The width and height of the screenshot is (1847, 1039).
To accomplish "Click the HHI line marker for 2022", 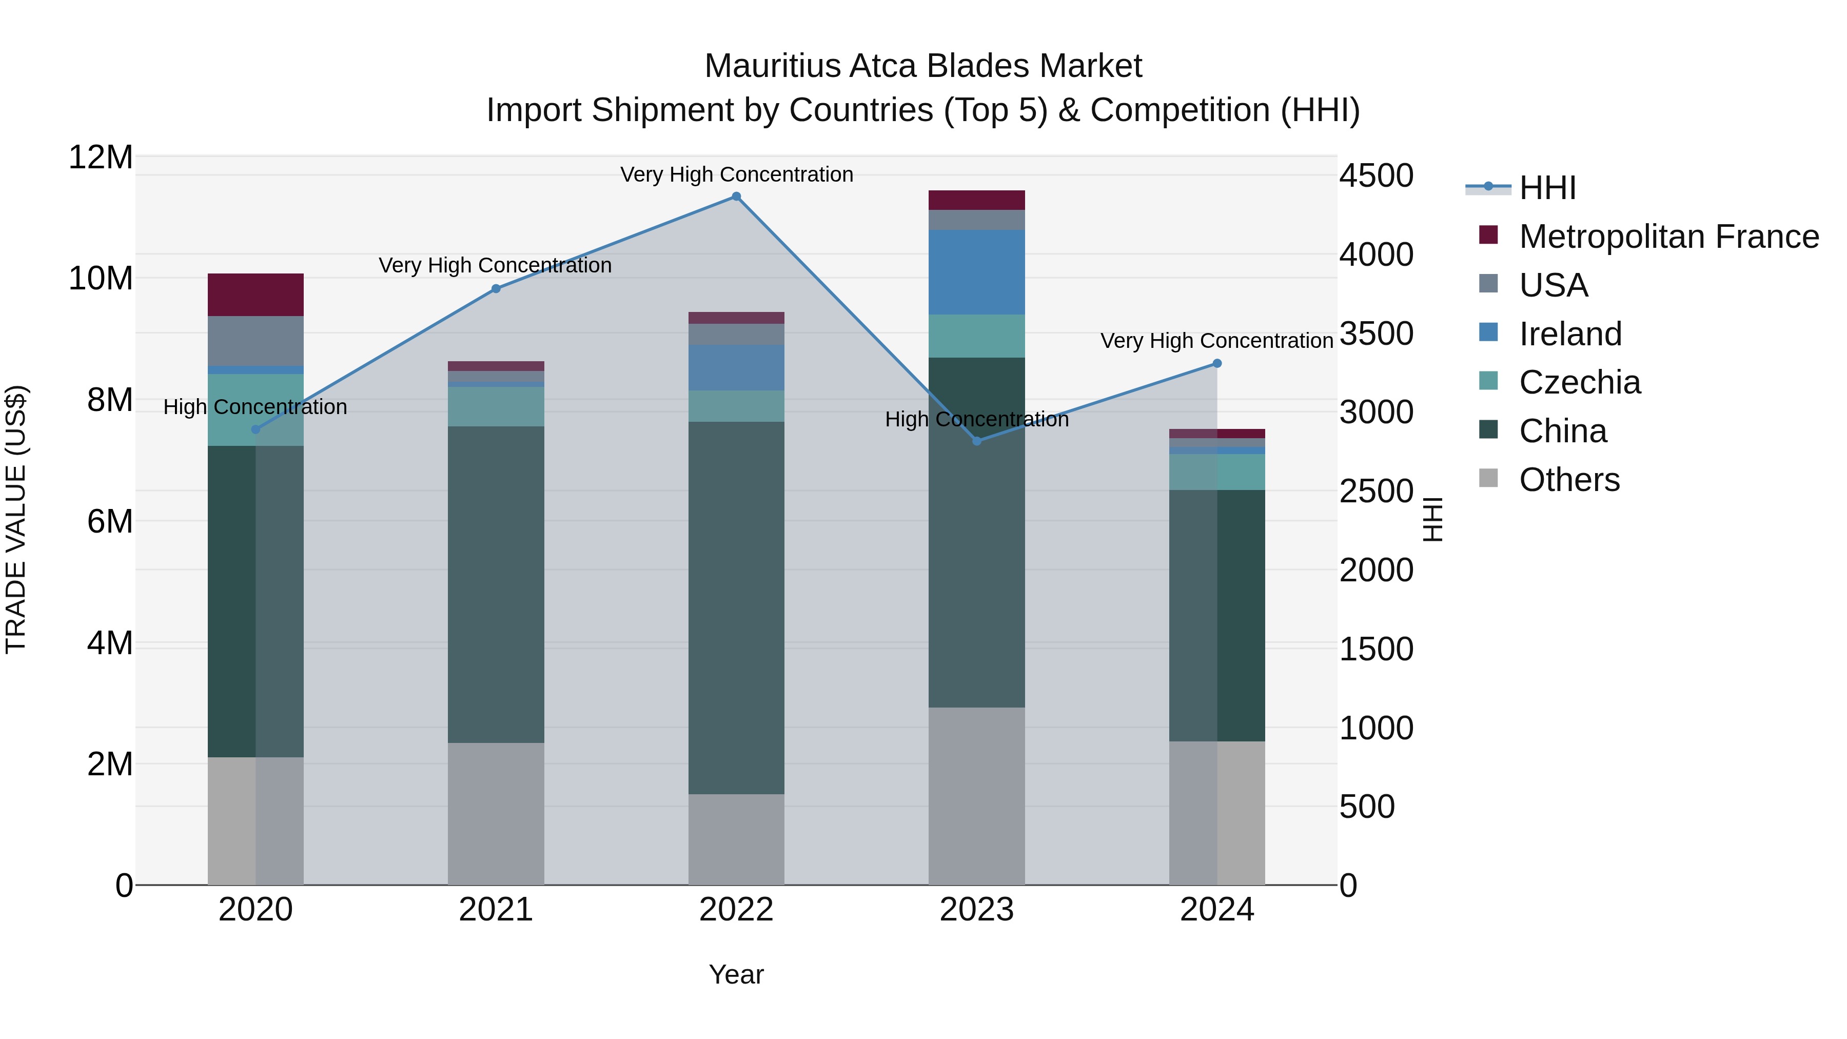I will tap(736, 197).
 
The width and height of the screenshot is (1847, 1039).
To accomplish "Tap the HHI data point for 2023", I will tap(976, 441).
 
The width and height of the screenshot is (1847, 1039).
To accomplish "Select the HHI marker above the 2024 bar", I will tap(1217, 364).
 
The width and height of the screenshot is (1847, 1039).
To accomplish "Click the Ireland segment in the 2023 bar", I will tap(976, 272).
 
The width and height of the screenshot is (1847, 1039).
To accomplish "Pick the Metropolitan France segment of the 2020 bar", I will tap(256, 295).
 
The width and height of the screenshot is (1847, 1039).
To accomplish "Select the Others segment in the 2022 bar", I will tap(736, 839).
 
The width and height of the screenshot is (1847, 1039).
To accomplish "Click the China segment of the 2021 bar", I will tap(496, 584).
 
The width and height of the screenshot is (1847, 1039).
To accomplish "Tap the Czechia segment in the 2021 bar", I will tap(496, 406).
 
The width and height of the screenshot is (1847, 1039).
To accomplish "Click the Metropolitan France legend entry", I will tap(1668, 237).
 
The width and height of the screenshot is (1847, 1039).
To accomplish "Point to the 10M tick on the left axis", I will tap(101, 278).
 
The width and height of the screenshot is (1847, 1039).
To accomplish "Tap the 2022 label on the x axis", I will tap(736, 910).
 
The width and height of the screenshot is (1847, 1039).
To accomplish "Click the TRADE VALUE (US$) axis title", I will tap(16, 519).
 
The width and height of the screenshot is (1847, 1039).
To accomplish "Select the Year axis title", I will tap(736, 974).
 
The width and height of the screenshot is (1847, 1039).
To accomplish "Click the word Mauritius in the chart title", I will tap(772, 66).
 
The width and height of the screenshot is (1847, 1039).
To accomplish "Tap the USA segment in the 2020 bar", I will tap(256, 341).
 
